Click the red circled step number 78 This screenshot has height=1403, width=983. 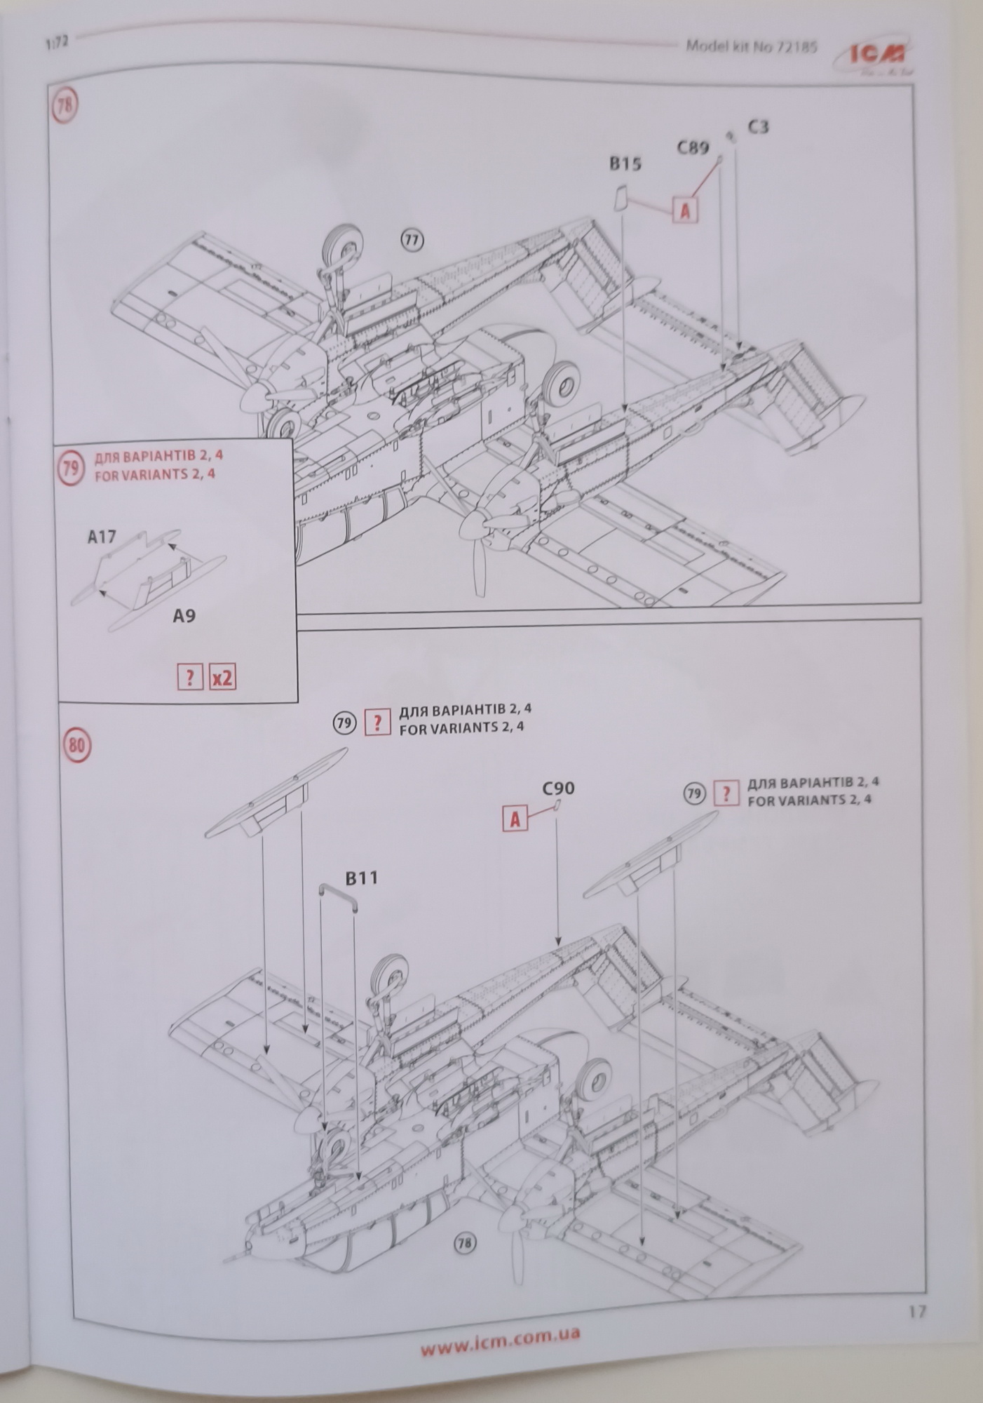tap(65, 107)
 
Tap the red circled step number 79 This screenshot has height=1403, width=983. tap(70, 467)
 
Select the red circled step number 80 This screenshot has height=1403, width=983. tap(76, 744)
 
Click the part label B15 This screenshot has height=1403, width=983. tap(625, 164)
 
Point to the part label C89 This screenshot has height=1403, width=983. tap(693, 147)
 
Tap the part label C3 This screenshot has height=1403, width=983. tap(758, 127)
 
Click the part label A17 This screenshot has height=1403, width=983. tap(102, 537)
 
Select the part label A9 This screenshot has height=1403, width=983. tap(184, 616)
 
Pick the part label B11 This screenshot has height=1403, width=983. tap(362, 878)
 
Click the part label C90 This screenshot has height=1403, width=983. tap(558, 788)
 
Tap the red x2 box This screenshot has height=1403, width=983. tap(222, 678)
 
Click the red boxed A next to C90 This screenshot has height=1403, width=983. tap(515, 819)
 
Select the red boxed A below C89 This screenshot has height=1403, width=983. tap(685, 210)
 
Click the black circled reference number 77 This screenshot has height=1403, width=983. tap(412, 241)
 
